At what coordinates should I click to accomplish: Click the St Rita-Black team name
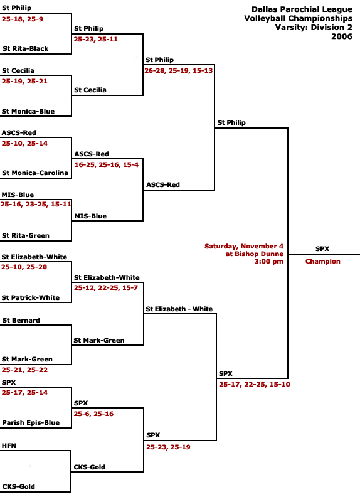[26, 49]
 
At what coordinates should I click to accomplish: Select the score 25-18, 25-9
[23, 19]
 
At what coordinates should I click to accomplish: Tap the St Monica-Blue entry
[28, 112]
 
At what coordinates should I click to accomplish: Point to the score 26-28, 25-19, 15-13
[179, 71]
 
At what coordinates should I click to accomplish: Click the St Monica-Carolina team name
[35, 173]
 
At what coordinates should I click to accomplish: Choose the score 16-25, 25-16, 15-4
[107, 165]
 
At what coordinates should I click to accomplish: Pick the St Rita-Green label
[26, 236]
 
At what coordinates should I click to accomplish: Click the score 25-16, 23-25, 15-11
[36, 205]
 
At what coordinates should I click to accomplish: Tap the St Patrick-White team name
[30, 297]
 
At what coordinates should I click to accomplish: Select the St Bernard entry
[21, 321]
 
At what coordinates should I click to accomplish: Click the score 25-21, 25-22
[24, 370]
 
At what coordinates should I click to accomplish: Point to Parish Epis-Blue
[31, 422]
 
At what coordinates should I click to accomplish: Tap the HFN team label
[9, 446]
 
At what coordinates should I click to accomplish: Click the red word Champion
[322, 261]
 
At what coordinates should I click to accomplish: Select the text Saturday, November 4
[244, 246]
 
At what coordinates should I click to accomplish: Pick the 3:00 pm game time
[269, 261]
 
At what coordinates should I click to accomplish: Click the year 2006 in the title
[342, 36]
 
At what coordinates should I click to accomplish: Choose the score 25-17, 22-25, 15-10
[255, 385]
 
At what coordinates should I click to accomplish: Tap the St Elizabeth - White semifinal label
[179, 309]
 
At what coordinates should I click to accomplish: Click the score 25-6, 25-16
[93, 414]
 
